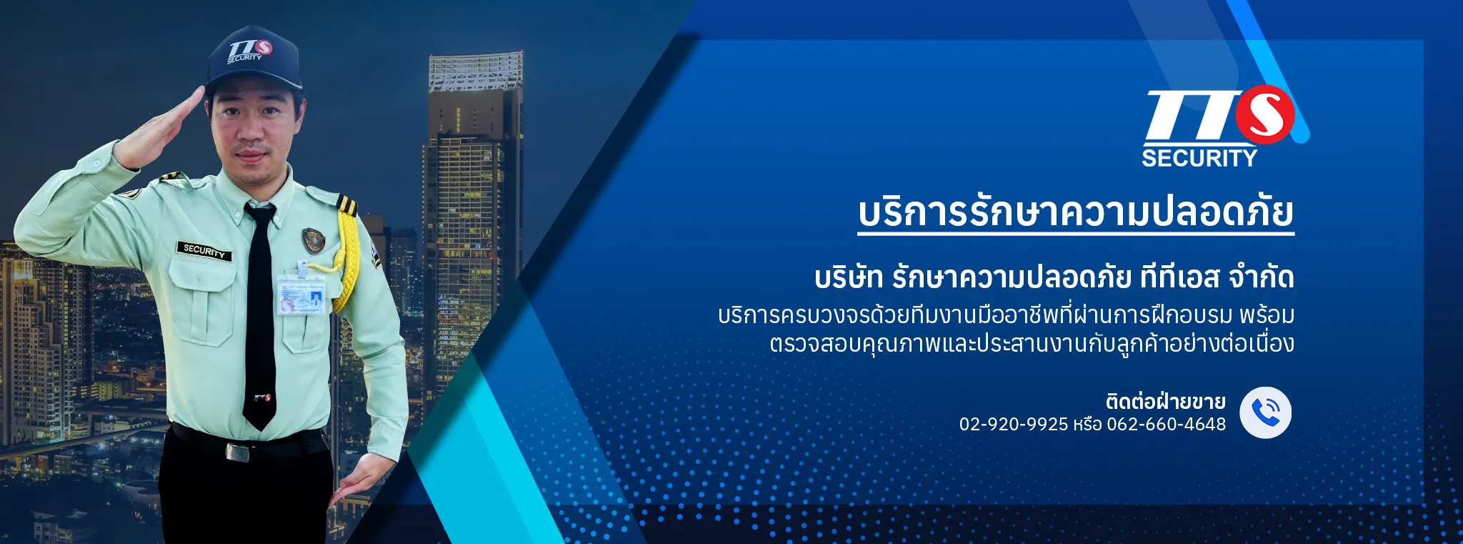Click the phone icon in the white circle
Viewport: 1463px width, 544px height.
click(x=1265, y=412)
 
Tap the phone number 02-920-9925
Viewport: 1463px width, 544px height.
click(x=1013, y=424)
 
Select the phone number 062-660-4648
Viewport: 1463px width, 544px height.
click(x=1166, y=424)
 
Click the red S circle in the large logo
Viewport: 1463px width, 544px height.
click(x=1265, y=114)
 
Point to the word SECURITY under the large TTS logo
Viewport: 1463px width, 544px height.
click(x=1199, y=158)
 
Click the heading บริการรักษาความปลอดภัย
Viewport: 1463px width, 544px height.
click(x=1076, y=212)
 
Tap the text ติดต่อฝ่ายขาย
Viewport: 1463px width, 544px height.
click(x=1165, y=401)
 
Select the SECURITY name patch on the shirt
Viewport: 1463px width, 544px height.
click(x=204, y=250)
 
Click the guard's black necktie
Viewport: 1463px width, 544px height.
click(x=259, y=315)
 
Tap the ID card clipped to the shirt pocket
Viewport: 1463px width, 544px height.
click(x=301, y=296)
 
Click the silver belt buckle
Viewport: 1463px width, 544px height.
click(x=237, y=452)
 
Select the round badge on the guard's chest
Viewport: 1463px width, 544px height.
click(x=314, y=239)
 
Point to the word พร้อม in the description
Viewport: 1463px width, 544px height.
click(x=1267, y=315)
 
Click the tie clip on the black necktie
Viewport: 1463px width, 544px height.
click(x=261, y=397)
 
